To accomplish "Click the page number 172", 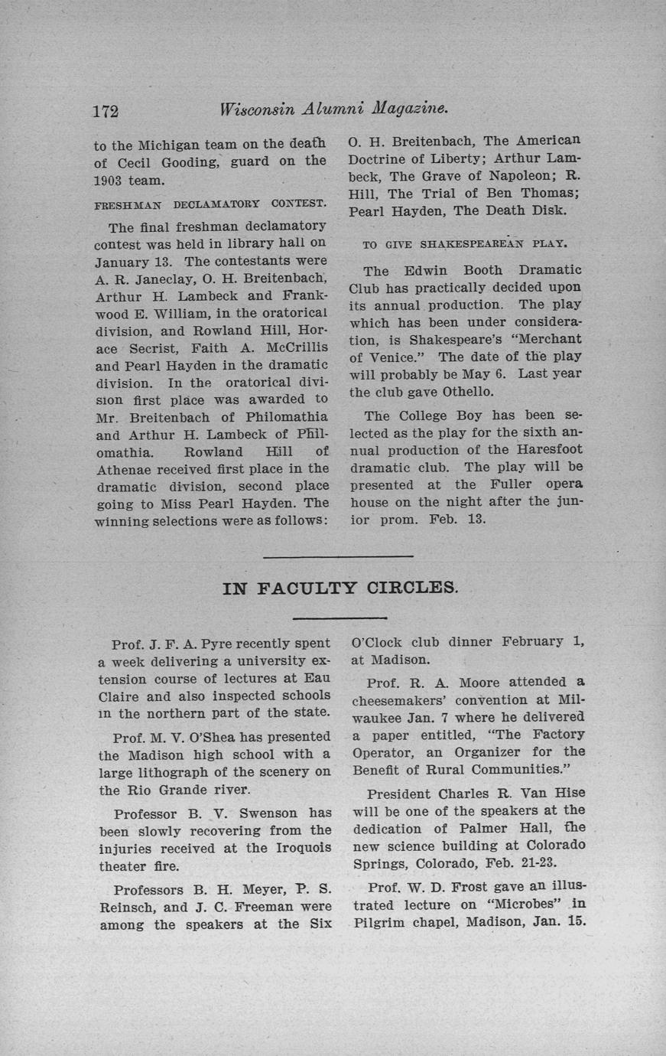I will (x=106, y=110).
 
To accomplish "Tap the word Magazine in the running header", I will (x=408, y=109).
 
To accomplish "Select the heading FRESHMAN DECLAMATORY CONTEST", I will (x=210, y=205).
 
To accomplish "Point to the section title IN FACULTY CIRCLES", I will (x=340, y=588).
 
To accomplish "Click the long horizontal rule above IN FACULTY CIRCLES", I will (x=337, y=556).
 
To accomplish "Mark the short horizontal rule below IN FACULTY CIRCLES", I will (x=339, y=618).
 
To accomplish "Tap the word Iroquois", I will (x=303, y=848).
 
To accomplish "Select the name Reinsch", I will (x=127, y=907).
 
